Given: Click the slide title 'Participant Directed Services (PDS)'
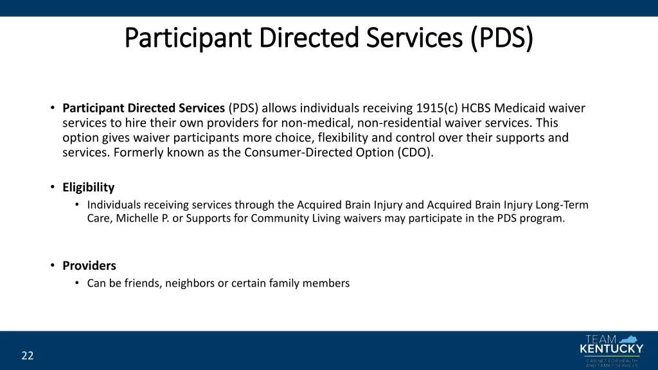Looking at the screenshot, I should [x=328, y=38].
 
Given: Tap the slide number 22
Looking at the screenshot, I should [x=27, y=355].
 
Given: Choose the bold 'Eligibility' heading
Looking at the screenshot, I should [x=88, y=188].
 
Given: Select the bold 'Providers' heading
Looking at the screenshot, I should [x=89, y=266].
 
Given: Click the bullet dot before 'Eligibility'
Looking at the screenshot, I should [x=52, y=188].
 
